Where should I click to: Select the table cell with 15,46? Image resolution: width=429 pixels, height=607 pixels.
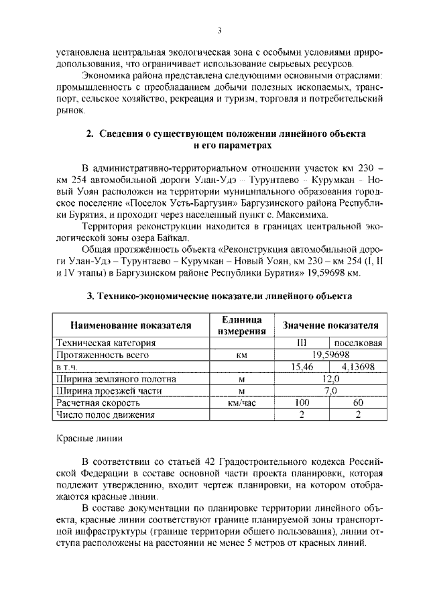[x=302, y=367]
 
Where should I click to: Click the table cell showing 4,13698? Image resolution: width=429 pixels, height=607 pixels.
[x=357, y=367]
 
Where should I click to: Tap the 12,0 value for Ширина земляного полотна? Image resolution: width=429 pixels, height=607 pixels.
[x=330, y=379]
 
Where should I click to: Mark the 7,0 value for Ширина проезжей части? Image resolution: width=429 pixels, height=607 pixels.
[x=330, y=391]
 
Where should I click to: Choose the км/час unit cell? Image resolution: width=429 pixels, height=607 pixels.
[x=242, y=403]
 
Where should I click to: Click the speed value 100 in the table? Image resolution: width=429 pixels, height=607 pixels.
[x=302, y=403]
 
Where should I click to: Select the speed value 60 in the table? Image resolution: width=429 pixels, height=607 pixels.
[x=357, y=403]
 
